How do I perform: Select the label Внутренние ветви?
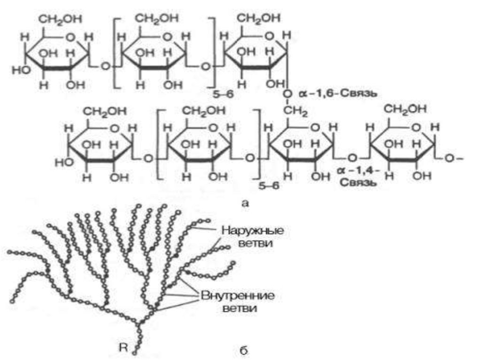click(238, 303)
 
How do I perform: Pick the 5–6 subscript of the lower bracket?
click(270, 185)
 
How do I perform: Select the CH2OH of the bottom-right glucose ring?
click(407, 109)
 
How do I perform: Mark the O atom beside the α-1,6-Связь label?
click(288, 94)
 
